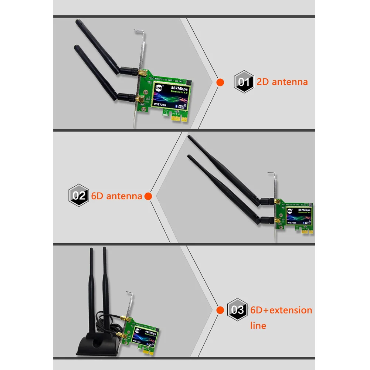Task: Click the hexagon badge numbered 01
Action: point(243,82)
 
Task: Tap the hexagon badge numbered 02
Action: point(78,196)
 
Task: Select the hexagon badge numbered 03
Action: point(237,309)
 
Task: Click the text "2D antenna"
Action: point(282,82)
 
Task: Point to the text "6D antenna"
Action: point(116,196)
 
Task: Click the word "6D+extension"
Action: point(281,310)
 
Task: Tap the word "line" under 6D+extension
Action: point(258,326)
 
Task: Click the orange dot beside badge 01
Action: point(220,82)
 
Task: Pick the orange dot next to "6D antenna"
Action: point(148,196)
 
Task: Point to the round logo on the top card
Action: point(160,88)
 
